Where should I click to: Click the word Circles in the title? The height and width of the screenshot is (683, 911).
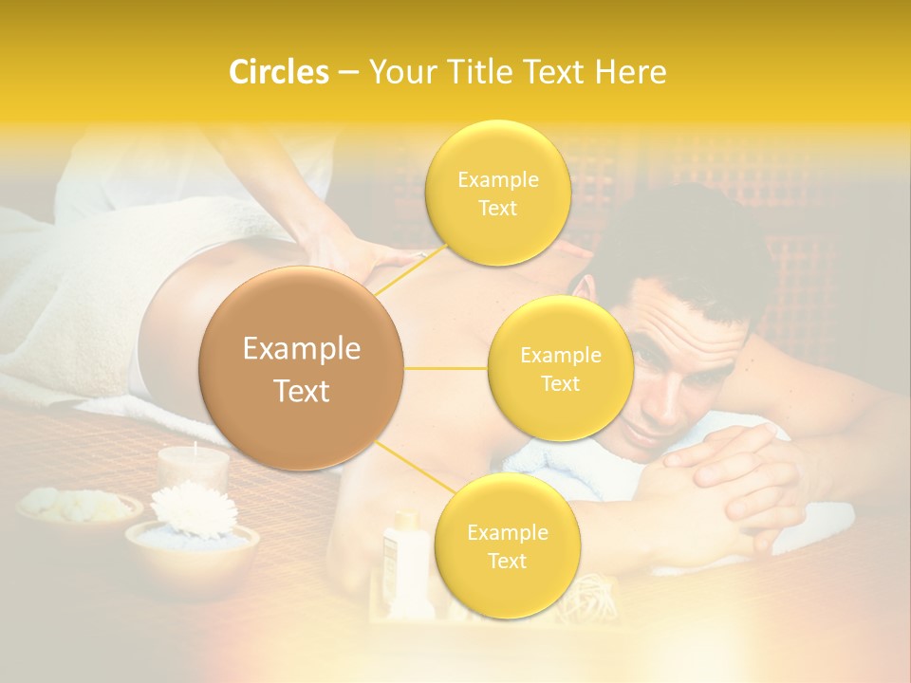(x=278, y=72)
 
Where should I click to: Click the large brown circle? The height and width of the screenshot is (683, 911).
(x=302, y=369)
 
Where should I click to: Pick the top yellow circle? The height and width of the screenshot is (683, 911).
(x=497, y=193)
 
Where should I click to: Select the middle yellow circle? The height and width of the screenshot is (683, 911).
(x=560, y=368)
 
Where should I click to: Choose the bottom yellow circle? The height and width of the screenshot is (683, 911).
(x=507, y=545)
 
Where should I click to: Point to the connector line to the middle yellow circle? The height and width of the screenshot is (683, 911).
(x=446, y=368)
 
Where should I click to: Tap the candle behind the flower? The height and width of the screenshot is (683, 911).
(x=194, y=467)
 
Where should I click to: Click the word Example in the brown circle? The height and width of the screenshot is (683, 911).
(x=302, y=349)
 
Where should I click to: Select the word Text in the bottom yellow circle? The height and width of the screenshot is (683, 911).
(x=507, y=561)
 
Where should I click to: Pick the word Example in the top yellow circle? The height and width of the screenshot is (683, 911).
(x=498, y=179)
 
